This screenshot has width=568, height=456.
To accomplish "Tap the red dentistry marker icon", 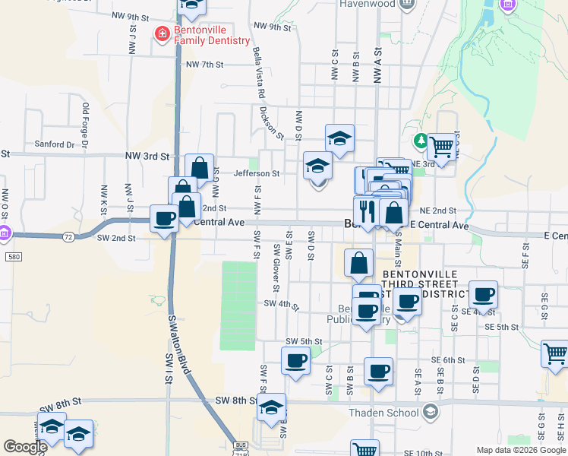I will [x=161, y=34].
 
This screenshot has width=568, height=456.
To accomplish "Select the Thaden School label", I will [x=383, y=413].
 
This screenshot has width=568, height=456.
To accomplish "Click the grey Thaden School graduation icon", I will [x=431, y=413].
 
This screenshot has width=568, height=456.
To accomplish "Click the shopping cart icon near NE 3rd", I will [x=442, y=146].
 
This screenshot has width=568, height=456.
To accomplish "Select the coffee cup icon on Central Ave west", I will [x=165, y=219].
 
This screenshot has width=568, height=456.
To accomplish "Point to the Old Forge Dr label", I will [x=85, y=125].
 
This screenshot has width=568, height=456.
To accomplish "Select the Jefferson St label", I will [x=257, y=173].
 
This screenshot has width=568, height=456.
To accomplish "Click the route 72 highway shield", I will [x=68, y=237].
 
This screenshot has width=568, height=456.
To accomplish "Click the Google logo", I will [x=25, y=446].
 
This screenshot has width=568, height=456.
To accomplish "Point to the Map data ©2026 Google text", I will [x=520, y=450].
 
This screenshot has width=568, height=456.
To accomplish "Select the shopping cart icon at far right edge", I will [x=555, y=353].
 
